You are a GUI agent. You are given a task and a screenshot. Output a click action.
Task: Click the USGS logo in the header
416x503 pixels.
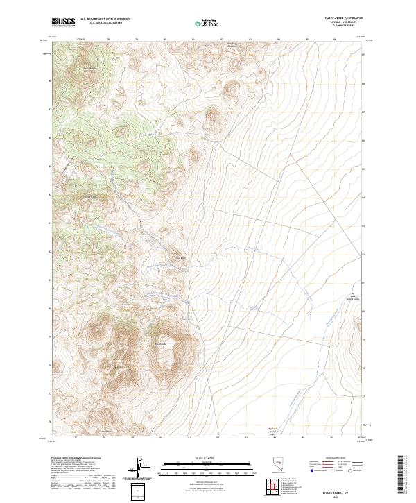pos(63,23)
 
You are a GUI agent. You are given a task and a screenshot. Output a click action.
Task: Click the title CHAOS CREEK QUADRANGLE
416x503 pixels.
pos(343,19)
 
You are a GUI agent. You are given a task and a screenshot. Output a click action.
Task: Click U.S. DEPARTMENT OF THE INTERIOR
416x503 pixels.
pos(105,19)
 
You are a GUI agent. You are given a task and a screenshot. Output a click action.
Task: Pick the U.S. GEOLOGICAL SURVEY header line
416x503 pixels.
pos(105,24)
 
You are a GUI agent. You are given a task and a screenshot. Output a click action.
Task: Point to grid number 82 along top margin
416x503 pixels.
pos(220,38)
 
